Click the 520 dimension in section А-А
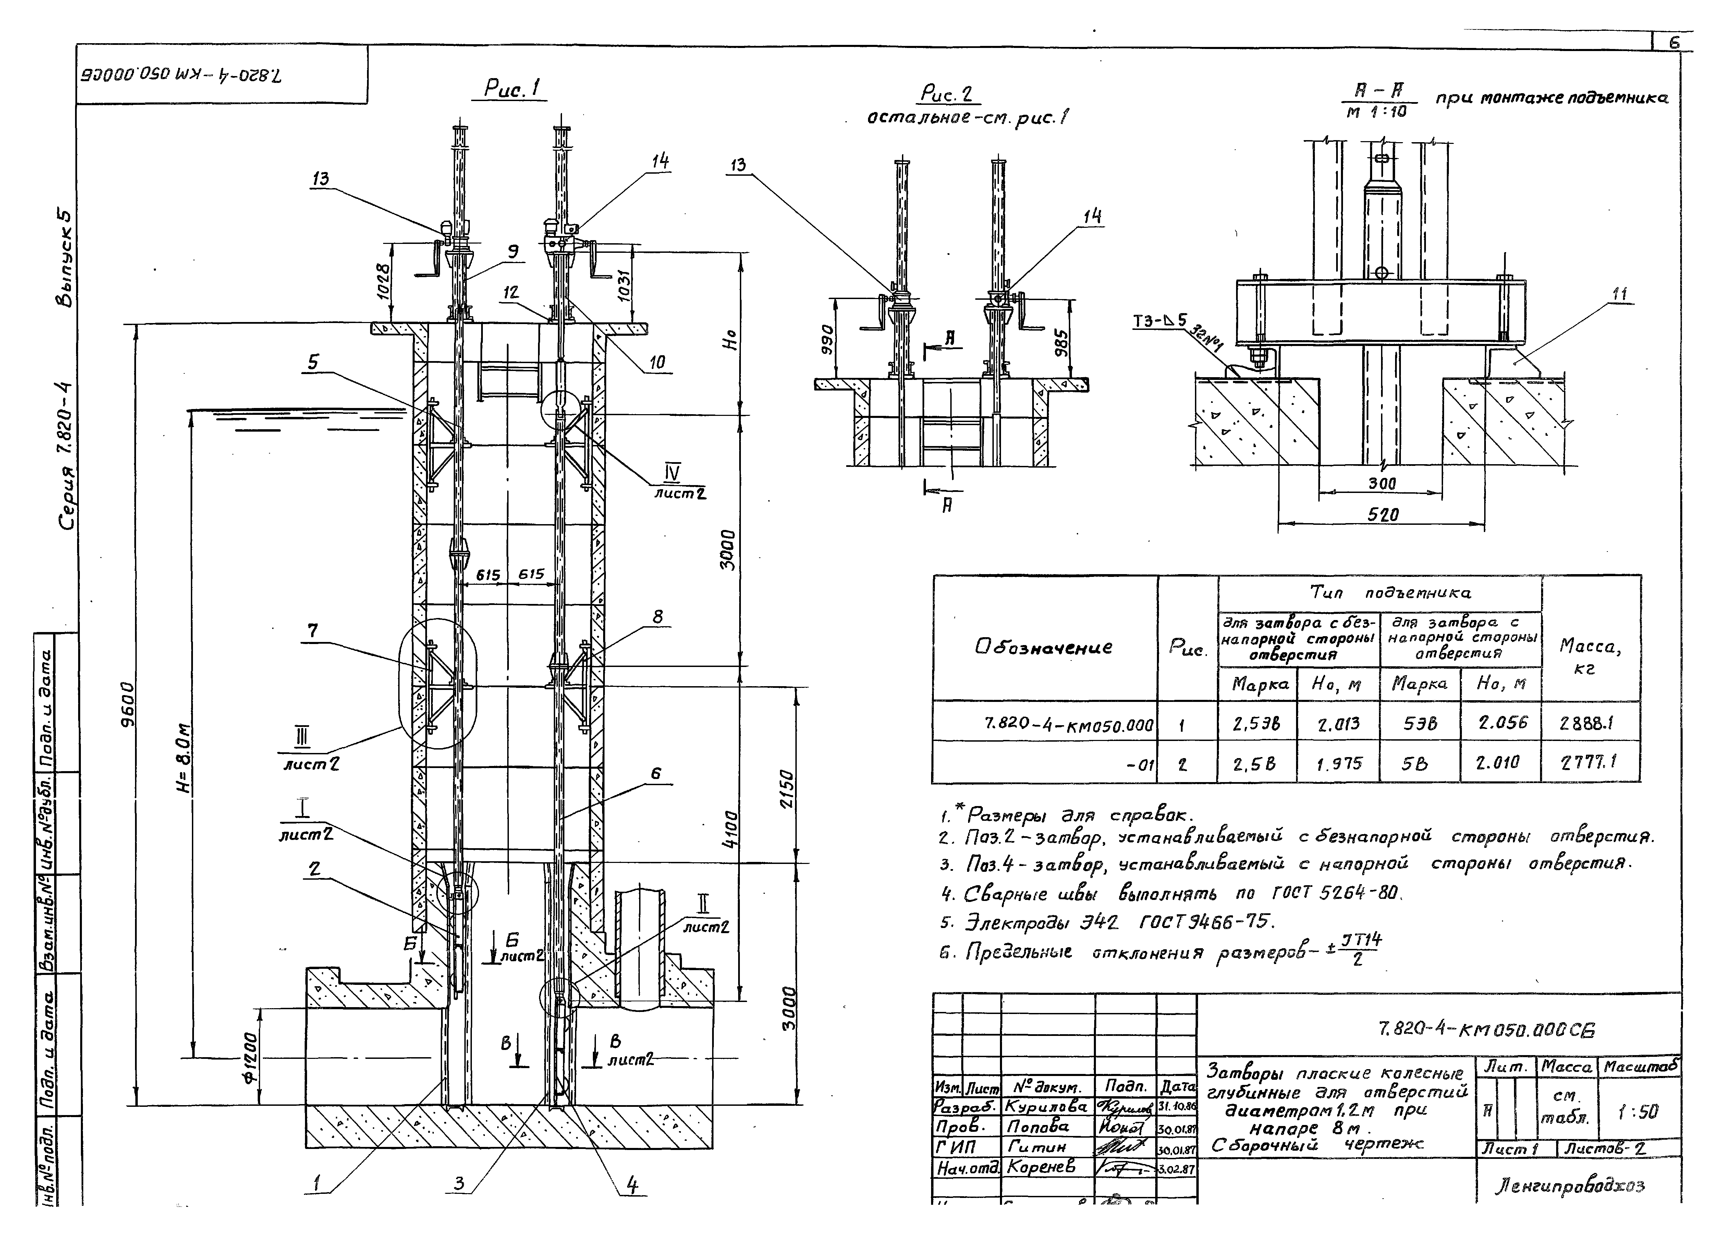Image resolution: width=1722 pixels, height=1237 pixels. [x=1383, y=515]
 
